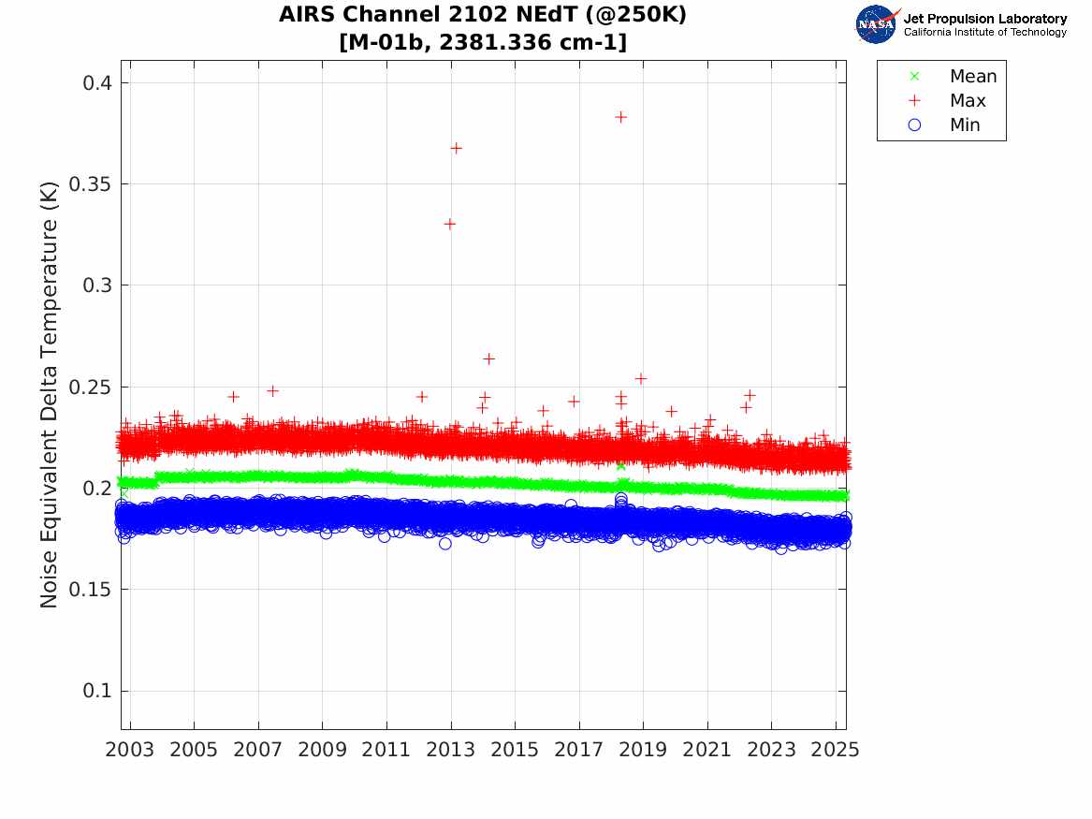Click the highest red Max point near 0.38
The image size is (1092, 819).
tap(620, 117)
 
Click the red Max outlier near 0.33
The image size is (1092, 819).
tap(450, 224)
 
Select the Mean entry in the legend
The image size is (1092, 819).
tap(973, 77)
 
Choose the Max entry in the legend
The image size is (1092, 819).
tap(968, 101)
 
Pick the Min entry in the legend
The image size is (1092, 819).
tap(965, 125)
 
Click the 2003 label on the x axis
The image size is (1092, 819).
tap(130, 751)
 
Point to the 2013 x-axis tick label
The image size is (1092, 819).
tap(451, 751)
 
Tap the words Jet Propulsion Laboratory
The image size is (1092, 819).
tap(984, 19)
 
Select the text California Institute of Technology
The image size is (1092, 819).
tap(984, 33)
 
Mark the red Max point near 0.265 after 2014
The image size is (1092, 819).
tap(488, 358)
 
